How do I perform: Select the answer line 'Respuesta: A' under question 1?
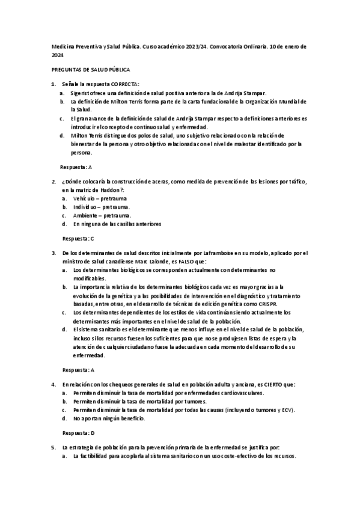click(x=77, y=165)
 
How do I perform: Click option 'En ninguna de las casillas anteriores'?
click(x=117, y=224)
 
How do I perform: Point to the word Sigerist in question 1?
click(x=81, y=93)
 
